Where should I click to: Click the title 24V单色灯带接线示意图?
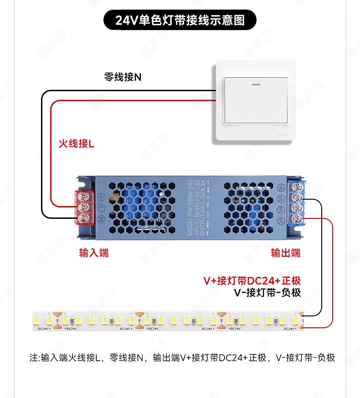(180, 21)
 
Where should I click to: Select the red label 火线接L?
(76, 144)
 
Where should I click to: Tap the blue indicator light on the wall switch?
(255, 84)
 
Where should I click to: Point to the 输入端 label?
(94, 253)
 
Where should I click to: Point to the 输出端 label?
(286, 253)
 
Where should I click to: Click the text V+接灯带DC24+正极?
(252, 281)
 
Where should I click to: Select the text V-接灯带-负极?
(267, 293)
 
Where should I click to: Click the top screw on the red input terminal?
(83, 196)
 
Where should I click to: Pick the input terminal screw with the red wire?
(83, 207)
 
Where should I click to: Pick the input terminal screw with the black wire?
(83, 217)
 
